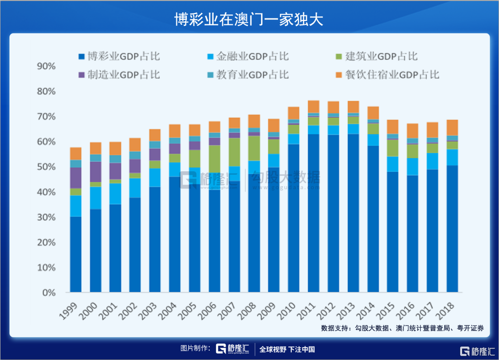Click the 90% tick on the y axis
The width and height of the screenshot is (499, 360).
(x=46, y=67)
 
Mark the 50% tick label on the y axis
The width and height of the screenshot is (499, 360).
(x=46, y=167)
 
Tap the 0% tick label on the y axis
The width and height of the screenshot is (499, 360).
(x=48, y=293)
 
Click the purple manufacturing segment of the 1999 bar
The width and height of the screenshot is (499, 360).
(x=76, y=178)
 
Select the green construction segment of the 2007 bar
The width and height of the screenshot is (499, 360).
(x=234, y=152)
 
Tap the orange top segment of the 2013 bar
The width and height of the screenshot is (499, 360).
(x=353, y=107)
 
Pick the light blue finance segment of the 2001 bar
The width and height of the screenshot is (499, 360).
(x=116, y=194)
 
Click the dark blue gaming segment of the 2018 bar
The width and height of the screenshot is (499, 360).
(x=452, y=229)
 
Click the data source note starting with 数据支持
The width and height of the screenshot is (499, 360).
(x=402, y=328)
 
